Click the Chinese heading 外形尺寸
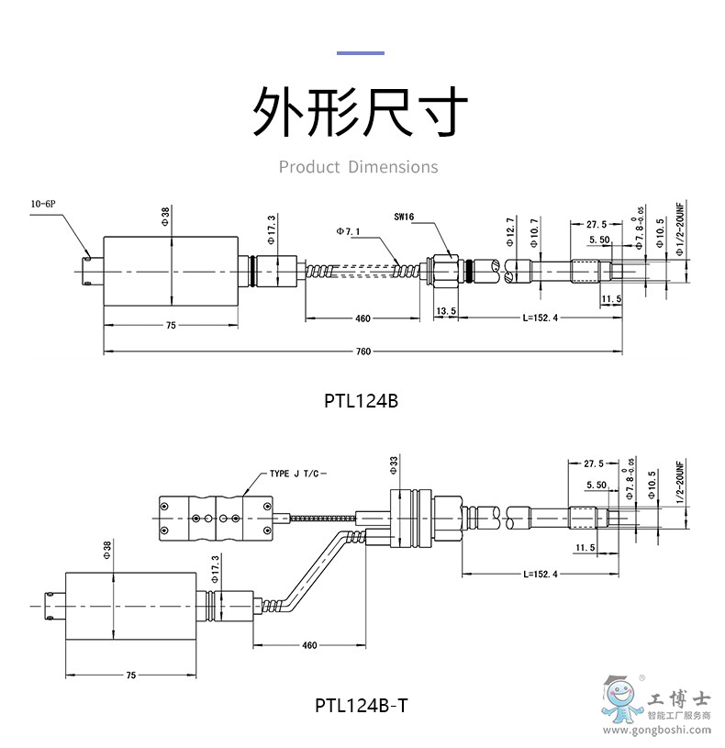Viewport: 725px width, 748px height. (361, 112)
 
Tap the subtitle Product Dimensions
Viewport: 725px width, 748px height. (359, 167)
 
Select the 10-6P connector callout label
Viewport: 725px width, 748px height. (43, 203)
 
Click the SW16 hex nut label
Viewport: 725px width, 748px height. (404, 218)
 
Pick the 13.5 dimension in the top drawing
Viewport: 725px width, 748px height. (446, 312)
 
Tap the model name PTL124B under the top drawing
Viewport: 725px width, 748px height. (361, 401)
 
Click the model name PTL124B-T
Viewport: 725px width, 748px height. (361, 706)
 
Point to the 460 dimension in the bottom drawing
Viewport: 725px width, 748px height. (308, 644)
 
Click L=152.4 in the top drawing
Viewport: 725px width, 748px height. (539, 318)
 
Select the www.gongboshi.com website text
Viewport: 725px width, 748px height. (655, 732)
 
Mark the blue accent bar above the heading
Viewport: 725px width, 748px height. (361, 52)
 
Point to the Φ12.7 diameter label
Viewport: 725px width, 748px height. (510, 229)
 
